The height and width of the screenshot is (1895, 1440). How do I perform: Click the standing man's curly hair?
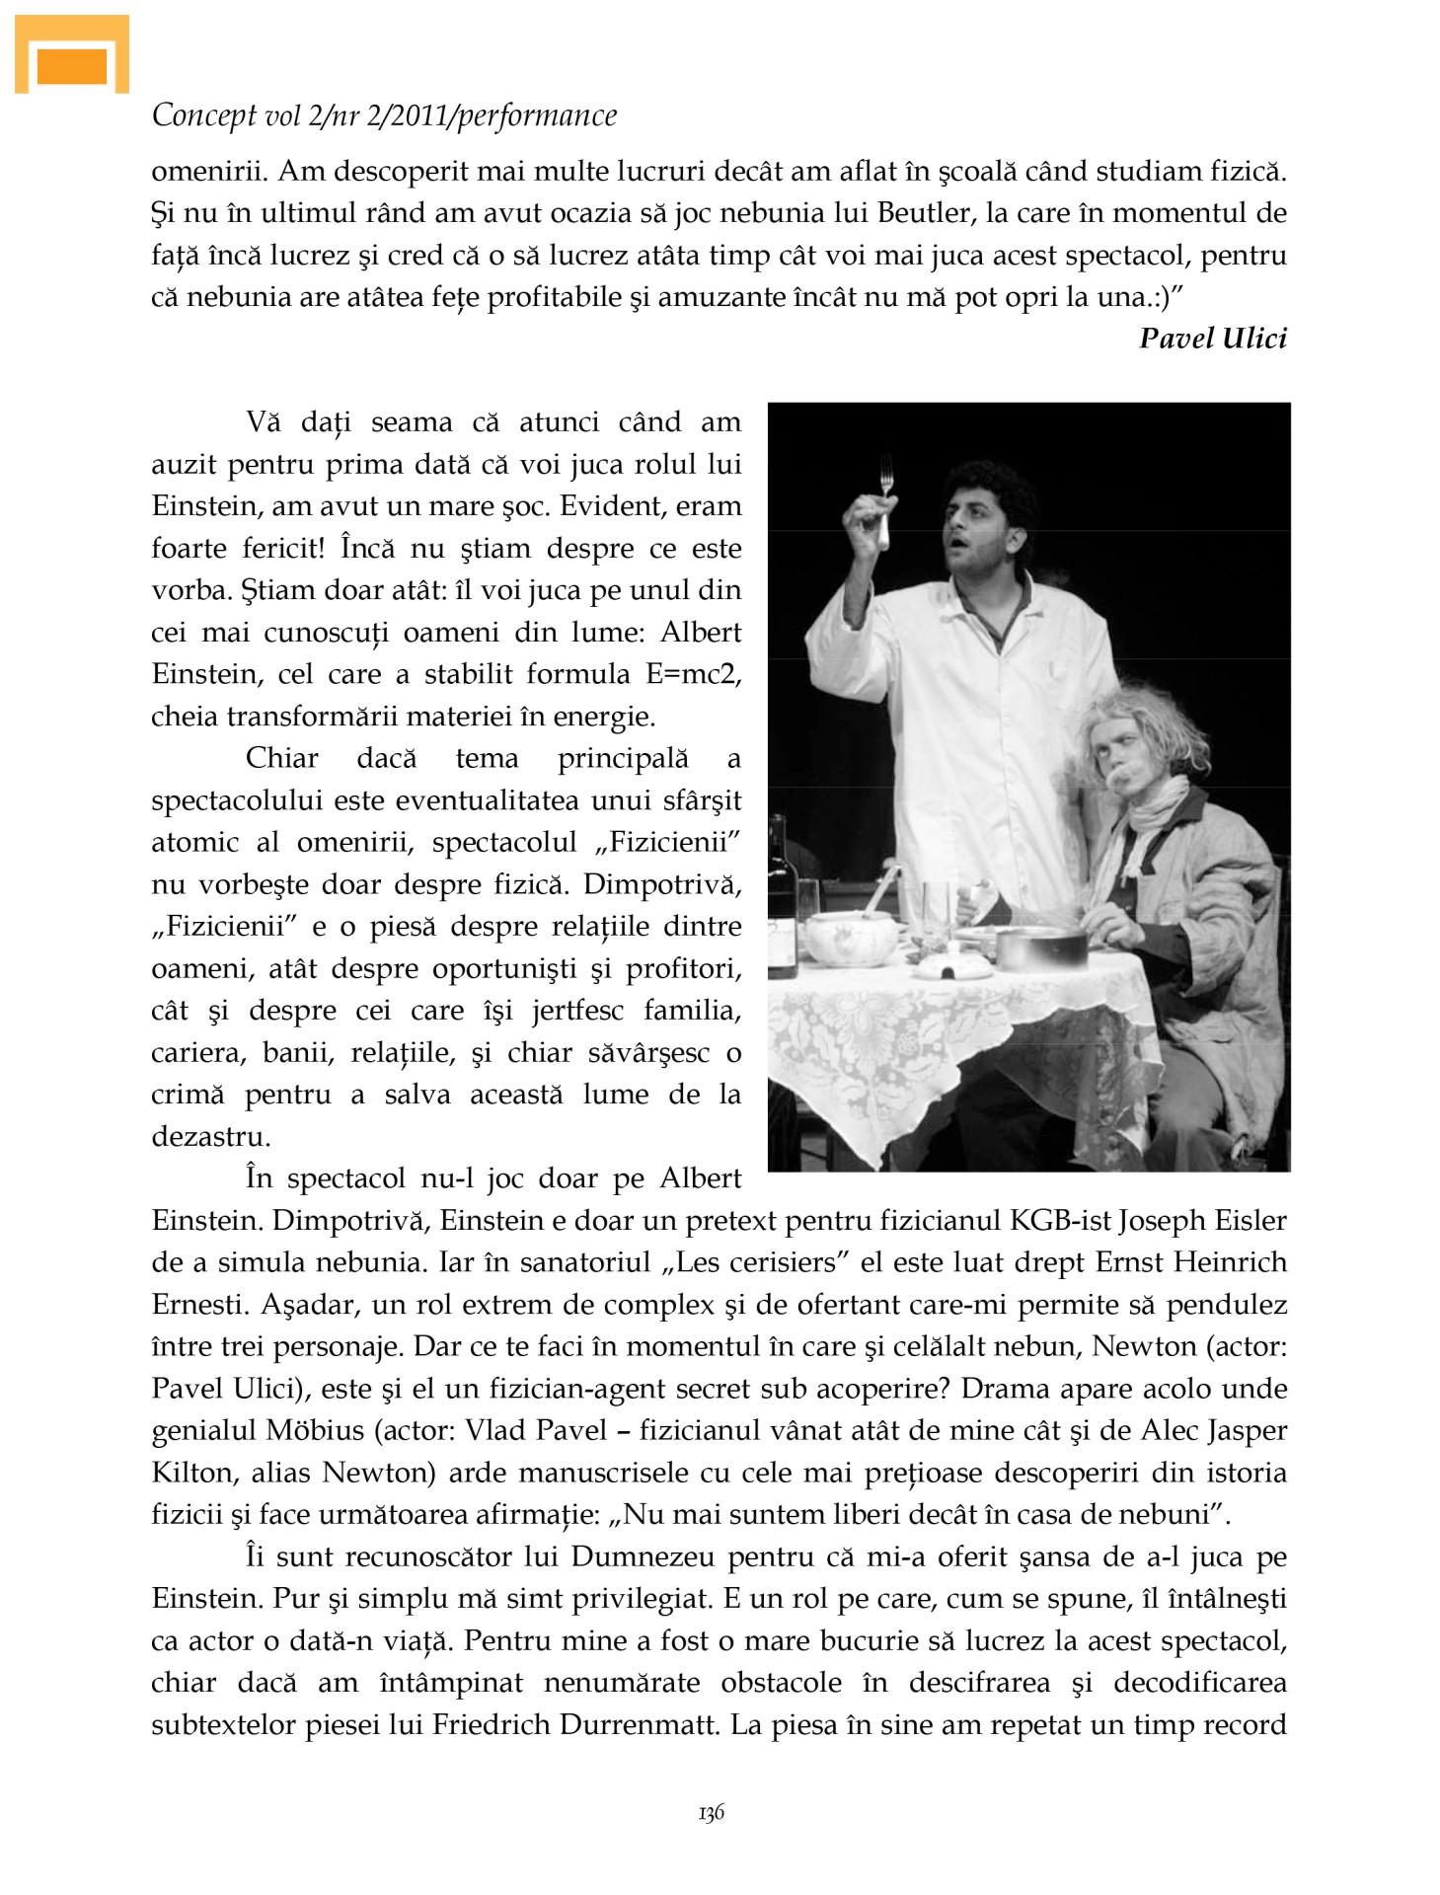[991, 483]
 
